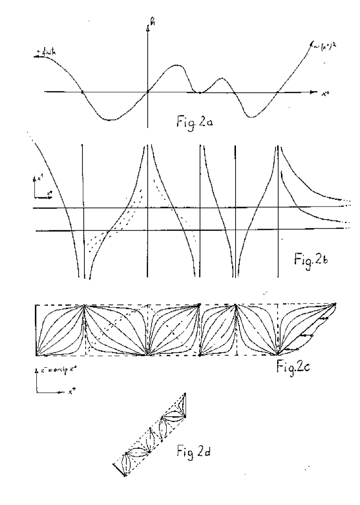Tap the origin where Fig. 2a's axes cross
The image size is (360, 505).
click(x=148, y=92)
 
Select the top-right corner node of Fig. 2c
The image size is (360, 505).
click(x=335, y=304)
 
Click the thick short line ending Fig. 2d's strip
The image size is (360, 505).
click(x=119, y=469)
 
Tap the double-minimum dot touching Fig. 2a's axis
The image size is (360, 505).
click(x=200, y=92)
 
